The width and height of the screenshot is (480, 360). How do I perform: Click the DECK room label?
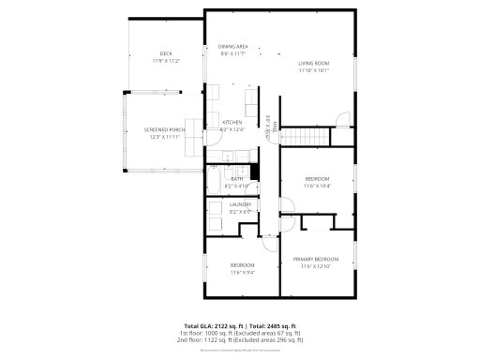click(x=166, y=53)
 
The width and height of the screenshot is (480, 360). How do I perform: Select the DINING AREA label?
click(x=232, y=46)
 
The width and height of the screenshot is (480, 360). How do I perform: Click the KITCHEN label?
click(x=232, y=123)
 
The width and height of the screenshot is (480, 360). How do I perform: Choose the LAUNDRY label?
click(x=241, y=203)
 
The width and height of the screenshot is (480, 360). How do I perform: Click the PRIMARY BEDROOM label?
click(x=315, y=259)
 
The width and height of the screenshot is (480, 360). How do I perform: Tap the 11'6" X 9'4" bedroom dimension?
click(x=243, y=273)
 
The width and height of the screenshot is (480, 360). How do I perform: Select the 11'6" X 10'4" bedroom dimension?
click(x=316, y=186)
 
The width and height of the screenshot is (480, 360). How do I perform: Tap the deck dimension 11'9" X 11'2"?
click(x=166, y=61)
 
